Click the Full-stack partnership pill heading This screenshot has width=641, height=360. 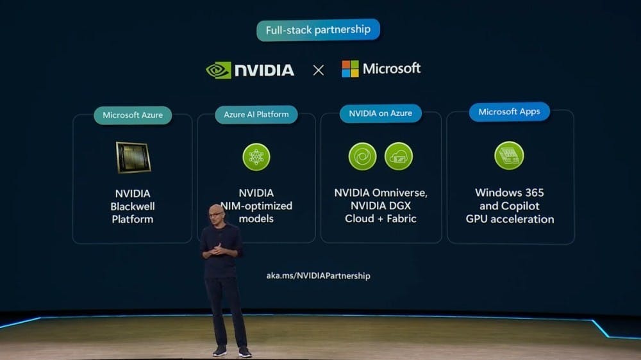tap(318, 30)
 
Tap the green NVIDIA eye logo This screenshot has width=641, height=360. tap(219, 70)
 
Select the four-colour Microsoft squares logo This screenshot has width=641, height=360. tap(351, 69)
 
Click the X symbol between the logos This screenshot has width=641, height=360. tap(319, 70)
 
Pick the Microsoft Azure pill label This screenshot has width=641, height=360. tap(133, 115)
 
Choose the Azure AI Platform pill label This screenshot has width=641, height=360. tap(256, 115)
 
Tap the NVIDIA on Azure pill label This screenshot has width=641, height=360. tap(381, 113)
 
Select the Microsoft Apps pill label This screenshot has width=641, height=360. tap(510, 111)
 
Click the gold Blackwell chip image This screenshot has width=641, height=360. tap(133, 158)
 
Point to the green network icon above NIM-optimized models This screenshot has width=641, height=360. tap(256, 157)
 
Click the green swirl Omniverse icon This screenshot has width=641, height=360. tap(363, 156)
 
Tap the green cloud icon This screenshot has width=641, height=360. tap(399, 156)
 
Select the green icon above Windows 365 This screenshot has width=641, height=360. tap(509, 155)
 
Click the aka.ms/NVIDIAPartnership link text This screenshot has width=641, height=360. tap(319, 276)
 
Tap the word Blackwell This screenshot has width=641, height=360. tap(133, 206)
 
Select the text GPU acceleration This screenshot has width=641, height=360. tap(510, 220)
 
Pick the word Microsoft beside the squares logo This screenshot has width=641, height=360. tap(392, 69)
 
